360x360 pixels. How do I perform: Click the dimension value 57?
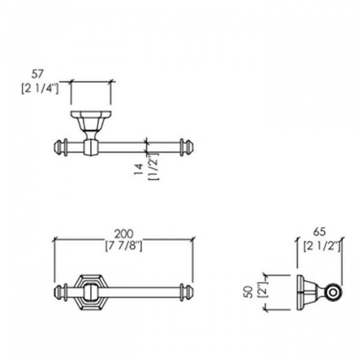click(37, 74)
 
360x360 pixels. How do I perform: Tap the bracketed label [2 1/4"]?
click(40, 89)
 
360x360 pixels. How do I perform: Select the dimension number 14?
click(139, 169)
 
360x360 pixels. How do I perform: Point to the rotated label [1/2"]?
click(154, 167)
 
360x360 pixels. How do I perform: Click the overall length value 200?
click(124, 234)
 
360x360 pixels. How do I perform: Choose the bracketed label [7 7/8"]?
click(124, 247)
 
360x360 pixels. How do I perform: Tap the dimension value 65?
click(320, 232)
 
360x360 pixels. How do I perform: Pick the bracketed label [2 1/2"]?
click(322, 247)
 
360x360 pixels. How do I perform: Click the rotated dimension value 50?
click(249, 292)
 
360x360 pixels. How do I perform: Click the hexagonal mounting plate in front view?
click(91, 292)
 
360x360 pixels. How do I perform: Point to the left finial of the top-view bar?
click(61, 147)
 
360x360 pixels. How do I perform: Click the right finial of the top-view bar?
click(187, 147)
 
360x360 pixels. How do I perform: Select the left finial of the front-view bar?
click(61, 293)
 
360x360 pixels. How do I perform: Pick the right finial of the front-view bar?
click(187, 293)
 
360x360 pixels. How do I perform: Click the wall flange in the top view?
click(91, 114)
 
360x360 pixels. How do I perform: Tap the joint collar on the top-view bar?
click(91, 148)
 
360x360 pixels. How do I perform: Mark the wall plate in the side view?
click(299, 293)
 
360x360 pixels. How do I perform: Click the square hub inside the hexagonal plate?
click(91, 292)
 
